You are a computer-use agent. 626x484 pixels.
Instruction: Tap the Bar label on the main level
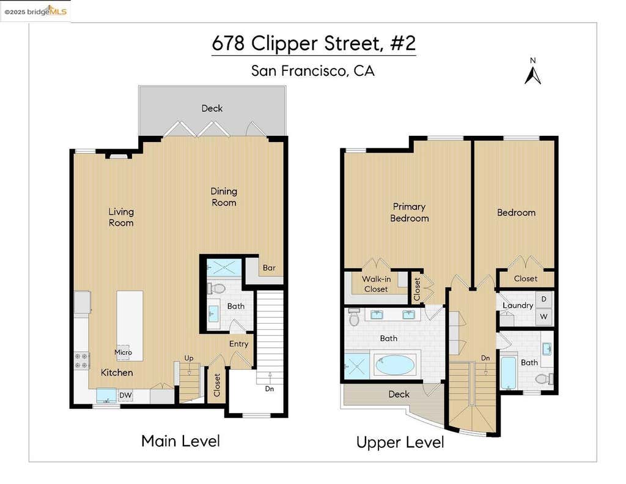(x=269, y=268)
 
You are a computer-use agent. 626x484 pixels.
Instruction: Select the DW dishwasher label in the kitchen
(x=125, y=395)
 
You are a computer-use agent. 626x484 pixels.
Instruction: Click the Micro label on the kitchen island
(x=123, y=352)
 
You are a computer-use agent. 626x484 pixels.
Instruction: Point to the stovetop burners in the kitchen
(x=82, y=360)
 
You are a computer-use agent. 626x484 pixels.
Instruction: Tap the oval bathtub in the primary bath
(x=395, y=365)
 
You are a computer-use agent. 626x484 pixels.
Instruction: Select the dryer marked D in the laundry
(x=543, y=299)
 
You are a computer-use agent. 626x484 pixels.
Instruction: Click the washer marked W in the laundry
(x=543, y=316)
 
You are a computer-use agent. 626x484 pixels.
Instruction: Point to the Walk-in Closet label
(x=376, y=284)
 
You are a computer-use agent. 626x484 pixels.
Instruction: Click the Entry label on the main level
(x=239, y=344)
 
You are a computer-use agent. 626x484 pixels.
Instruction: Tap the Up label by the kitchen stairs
(x=189, y=358)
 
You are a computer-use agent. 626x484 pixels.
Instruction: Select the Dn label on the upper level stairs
(x=485, y=358)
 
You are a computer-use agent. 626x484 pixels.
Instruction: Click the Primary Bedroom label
(x=409, y=212)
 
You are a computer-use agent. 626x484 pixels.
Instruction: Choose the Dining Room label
(x=224, y=196)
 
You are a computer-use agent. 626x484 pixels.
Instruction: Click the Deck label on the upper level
(x=399, y=394)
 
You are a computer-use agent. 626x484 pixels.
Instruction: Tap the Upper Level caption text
(x=400, y=442)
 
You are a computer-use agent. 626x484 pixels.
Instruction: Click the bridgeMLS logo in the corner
(x=35, y=11)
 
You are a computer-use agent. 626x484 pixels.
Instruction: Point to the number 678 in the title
(x=228, y=43)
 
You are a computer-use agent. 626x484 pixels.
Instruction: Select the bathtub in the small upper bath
(x=508, y=373)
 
